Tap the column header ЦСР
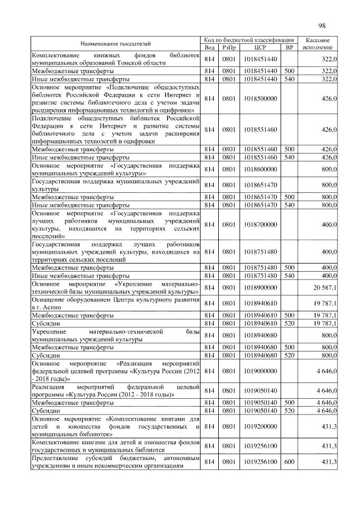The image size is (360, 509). [260, 47]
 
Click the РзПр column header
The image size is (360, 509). [228, 47]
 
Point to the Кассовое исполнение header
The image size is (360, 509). [318, 43]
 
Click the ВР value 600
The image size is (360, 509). [289, 462]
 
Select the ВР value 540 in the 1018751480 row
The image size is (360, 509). [289, 276]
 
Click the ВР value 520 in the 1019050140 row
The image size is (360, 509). [289, 411]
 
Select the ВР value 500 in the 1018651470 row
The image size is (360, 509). [289, 197]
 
